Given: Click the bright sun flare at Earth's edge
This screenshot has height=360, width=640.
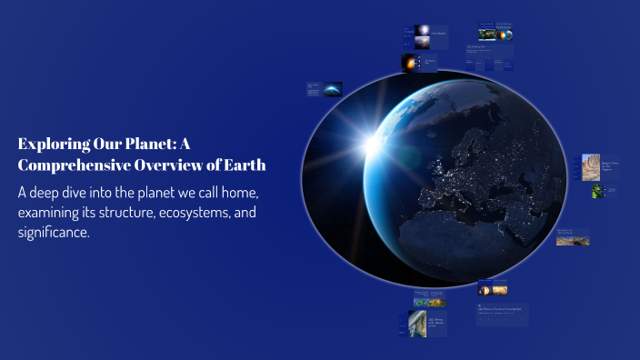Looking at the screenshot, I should [x=374, y=143].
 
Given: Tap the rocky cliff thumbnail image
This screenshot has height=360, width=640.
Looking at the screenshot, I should [x=591, y=166].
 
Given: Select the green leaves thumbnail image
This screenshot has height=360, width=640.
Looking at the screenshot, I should [x=597, y=191].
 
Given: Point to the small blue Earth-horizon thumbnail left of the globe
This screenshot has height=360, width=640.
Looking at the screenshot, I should [x=332, y=88].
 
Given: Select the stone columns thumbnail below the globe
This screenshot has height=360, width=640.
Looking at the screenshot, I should [x=417, y=323].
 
